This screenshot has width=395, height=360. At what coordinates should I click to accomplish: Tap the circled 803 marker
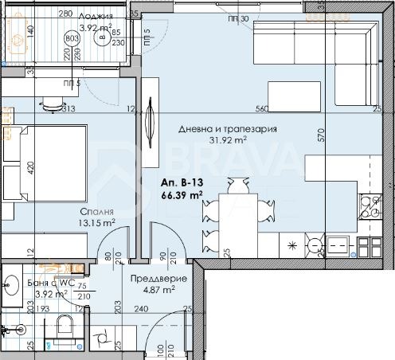(72, 37)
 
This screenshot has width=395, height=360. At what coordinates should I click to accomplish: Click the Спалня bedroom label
(95, 212)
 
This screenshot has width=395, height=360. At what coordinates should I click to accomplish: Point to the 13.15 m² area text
(98, 223)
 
